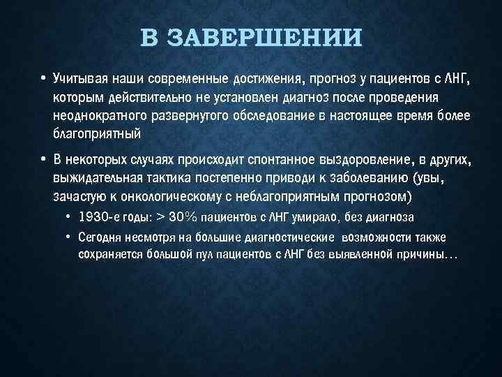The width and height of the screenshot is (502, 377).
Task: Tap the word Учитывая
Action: coord(78,80)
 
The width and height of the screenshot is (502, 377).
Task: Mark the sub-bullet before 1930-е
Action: coord(69,216)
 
